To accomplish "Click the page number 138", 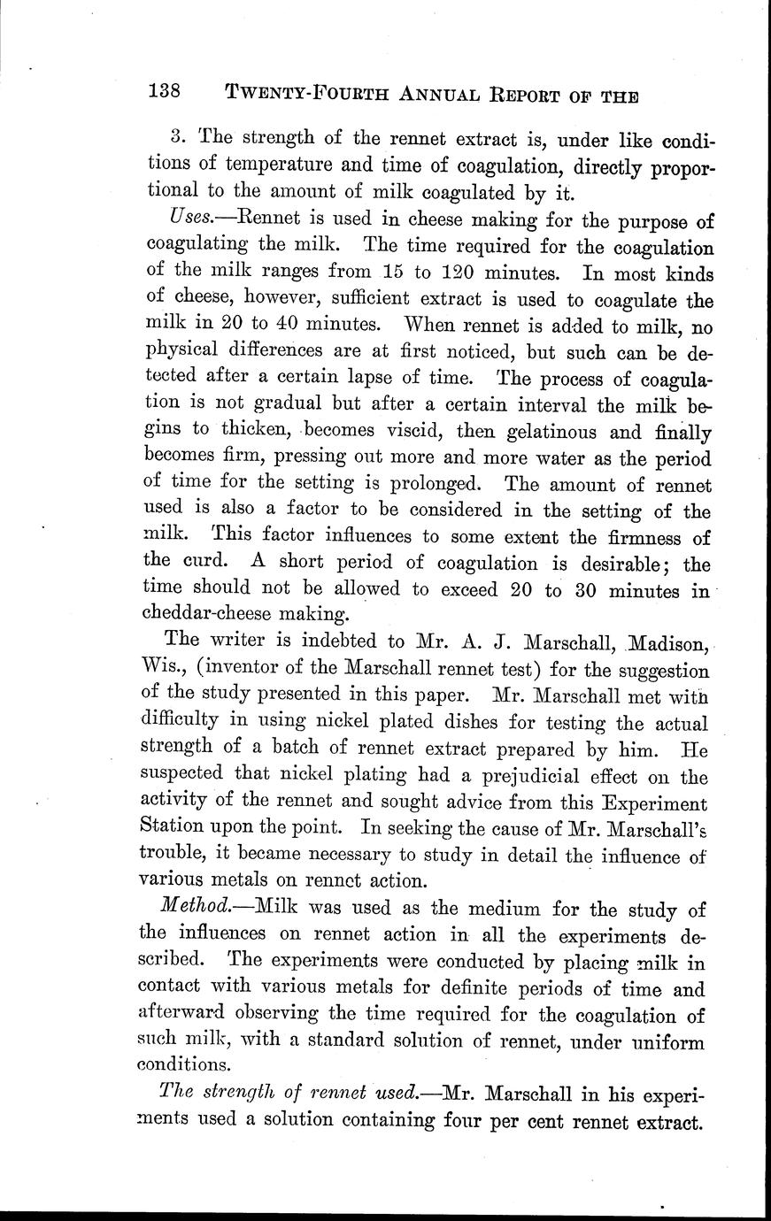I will click(x=165, y=90).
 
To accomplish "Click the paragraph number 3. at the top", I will click(x=176, y=138).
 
